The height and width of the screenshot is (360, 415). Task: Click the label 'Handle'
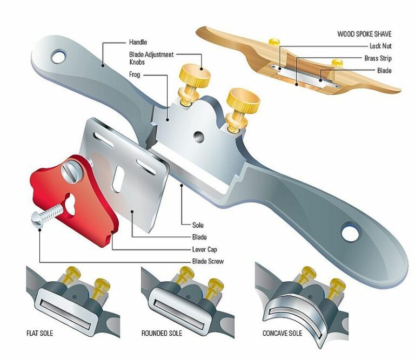(x=138, y=42)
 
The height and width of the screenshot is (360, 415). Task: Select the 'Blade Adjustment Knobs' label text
(x=151, y=58)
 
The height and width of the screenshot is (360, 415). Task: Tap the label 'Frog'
(x=135, y=74)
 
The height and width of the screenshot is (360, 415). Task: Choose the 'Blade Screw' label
(x=207, y=261)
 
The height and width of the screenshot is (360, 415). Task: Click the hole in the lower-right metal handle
(x=350, y=233)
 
